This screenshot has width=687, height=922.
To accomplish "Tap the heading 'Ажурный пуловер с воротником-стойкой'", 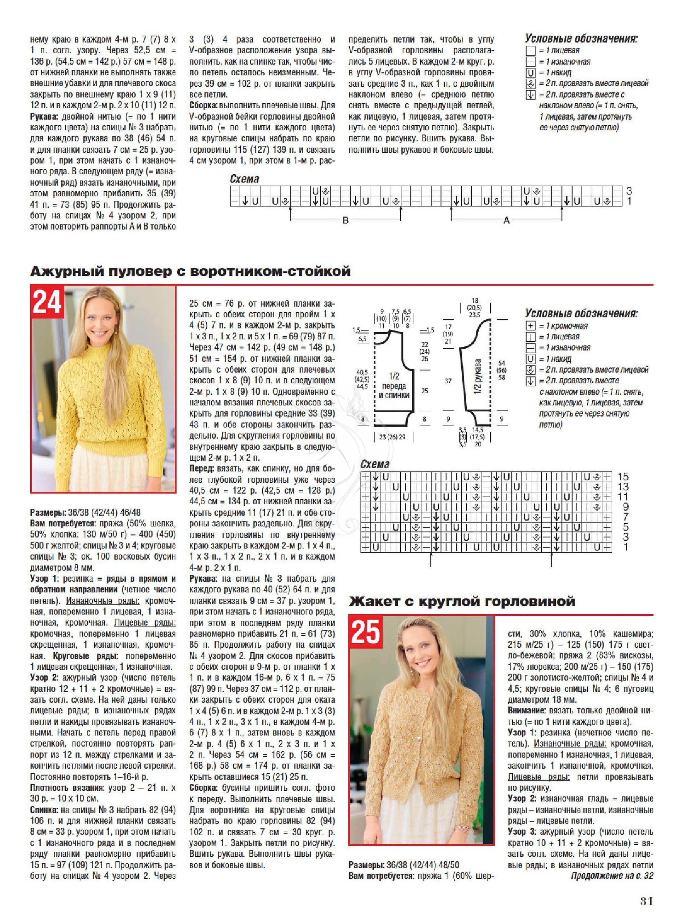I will pyautogui.click(x=191, y=271).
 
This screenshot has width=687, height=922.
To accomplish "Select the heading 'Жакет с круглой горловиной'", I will pyautogui.click(x=462, y=601).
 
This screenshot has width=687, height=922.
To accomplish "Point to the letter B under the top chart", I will pyautogui.click(x=345, y=220).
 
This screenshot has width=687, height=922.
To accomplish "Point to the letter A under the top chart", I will pyautogui.click(x=506, y=220).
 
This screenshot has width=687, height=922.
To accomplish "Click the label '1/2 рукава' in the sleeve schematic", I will pyautogui.click(x=477, y=376).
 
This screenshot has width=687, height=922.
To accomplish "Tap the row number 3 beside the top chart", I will pyautogui.click(x=629, y=191).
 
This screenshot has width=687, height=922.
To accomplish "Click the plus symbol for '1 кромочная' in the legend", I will pyautogui.click(x=531, y=326).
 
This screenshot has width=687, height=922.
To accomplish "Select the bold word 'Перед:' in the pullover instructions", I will pyautogui.click(x=202, y=468).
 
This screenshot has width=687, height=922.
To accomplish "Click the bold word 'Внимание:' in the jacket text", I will pyautogui.click(x=526, y=710).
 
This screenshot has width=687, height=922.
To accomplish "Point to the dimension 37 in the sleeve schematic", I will pyautogui.click(x=448, y=381).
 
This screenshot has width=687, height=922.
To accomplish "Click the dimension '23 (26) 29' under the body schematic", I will pyautogui.click(x=392, y=437).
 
